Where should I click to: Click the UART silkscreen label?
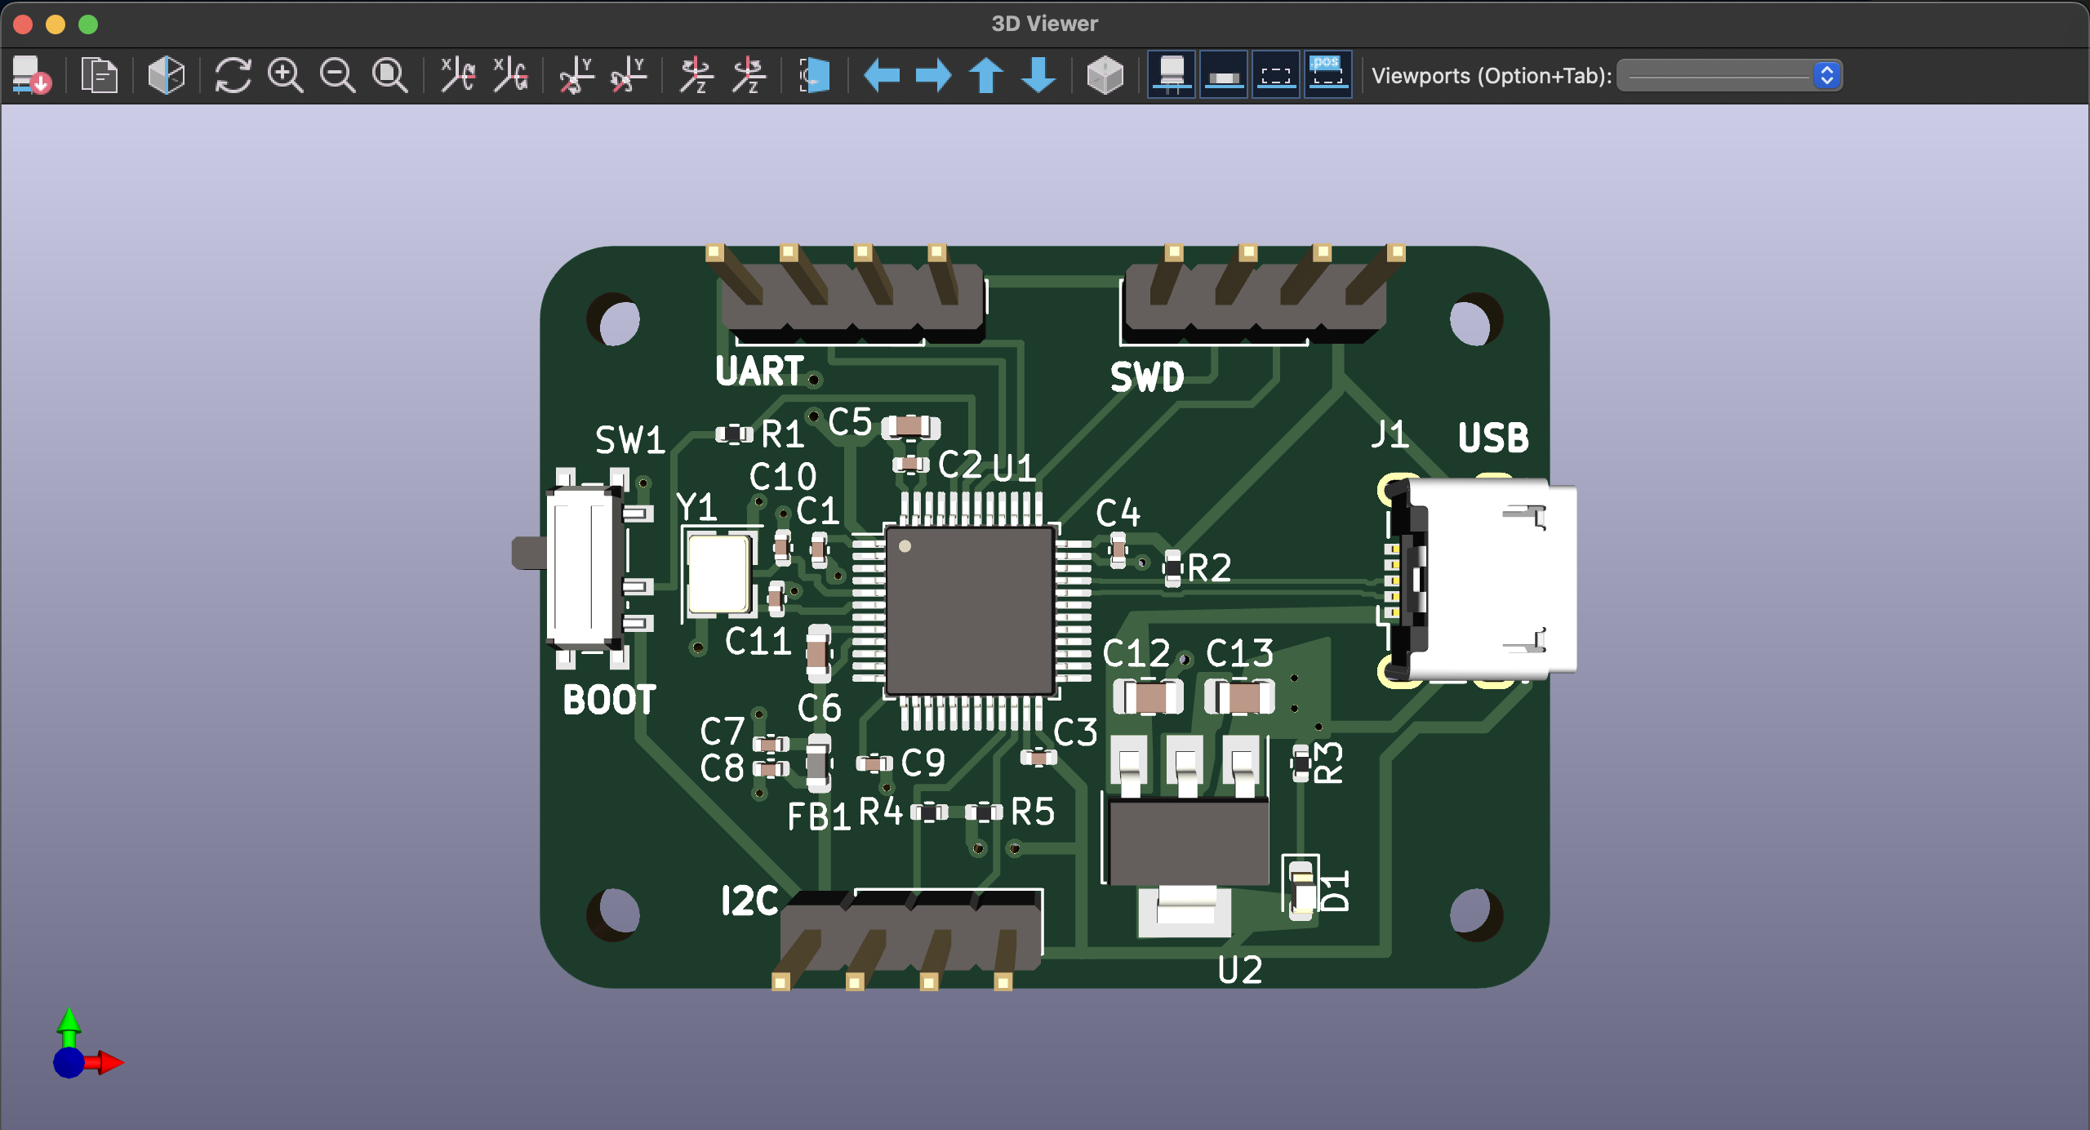click(759, 371)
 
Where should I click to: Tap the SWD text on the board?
click(1146, 377)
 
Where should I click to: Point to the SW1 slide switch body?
click(581, 567)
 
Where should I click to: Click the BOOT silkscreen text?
click(609, 701)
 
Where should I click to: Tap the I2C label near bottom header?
click(749, 901)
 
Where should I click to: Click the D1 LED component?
click(1302, 888)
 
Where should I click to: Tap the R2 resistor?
click(1172, 567)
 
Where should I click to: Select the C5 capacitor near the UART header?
click(910, 427)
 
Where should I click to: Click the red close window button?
click(23, 24)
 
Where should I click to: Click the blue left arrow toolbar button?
click(882, 76)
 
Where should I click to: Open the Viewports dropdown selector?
click(1729, 76)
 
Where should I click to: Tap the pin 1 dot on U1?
click(905, 546)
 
